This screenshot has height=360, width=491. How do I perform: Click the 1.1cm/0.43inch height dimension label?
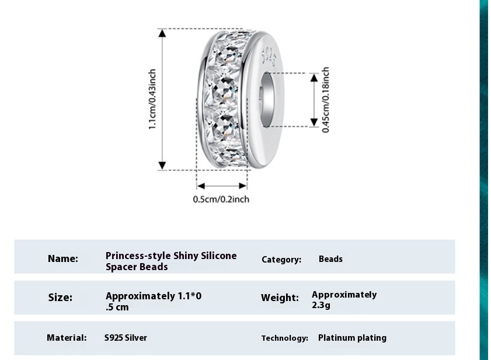152,99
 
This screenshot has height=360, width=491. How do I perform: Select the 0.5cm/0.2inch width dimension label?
221,200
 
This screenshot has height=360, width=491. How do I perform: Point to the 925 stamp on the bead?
269,57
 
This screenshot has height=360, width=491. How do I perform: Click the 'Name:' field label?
62,258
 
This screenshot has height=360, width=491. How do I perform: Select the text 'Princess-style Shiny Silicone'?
171,256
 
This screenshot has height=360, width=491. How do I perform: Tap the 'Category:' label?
281,260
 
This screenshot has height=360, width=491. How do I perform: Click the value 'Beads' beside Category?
330,258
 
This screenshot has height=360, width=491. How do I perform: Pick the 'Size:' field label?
60,298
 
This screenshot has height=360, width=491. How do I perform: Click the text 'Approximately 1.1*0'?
154,296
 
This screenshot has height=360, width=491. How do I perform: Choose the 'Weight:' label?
280,298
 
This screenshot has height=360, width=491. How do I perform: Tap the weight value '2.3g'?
321,305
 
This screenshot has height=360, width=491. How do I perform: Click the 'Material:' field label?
67,337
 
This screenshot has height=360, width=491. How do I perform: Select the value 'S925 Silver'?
126,337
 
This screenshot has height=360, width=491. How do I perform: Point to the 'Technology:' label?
284,338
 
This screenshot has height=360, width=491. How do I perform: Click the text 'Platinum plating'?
352,337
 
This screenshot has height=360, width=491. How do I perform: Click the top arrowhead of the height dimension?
163,33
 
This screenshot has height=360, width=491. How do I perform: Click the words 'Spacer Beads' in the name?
137,267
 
